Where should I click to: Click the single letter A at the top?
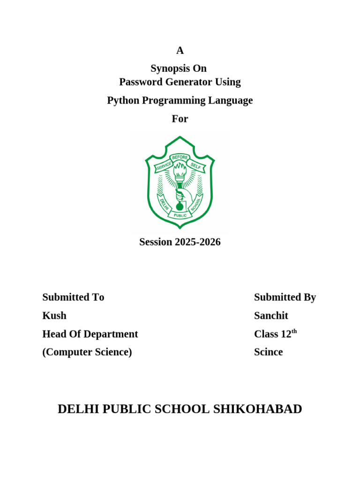180,51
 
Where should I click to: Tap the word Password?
140,82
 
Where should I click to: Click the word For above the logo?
180,119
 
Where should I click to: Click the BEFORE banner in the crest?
180,157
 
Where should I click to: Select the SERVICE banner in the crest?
164,165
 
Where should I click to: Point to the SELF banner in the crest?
195,165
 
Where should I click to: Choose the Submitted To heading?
73,297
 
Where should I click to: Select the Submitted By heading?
285,297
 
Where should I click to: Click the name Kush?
54,315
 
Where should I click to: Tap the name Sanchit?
271,315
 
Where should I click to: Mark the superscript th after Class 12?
294,331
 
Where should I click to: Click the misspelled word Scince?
268,352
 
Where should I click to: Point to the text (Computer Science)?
87,352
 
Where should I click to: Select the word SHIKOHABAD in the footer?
257,409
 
